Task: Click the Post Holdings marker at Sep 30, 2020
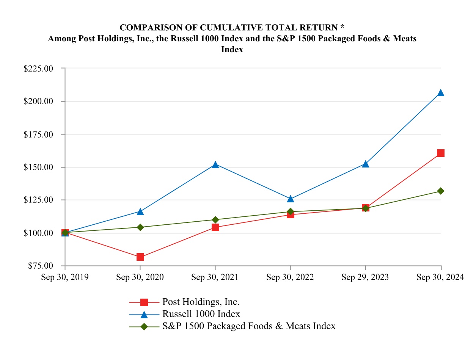(x=140, y=257)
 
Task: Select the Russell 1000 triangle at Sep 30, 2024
(x=440, y=93)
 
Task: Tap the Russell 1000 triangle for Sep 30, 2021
(x=215, y=165)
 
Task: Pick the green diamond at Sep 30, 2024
(x=440, y=191)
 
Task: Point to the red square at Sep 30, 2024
(x=440, y=153)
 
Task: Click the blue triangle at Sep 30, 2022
(x=291, y=199)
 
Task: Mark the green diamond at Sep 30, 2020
(x=140, y=227)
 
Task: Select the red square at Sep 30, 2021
(x=215, y=227)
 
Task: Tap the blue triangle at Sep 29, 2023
(x=366, y=164)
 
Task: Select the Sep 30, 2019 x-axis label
(x=65, y=277)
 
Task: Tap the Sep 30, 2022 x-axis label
(x=290, y=277)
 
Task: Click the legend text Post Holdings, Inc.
(x=201, y=302)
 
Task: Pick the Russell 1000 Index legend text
(x=201, y=314)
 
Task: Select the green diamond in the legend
(x=144, y=326)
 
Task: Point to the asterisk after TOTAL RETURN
(x=342, y=27)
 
